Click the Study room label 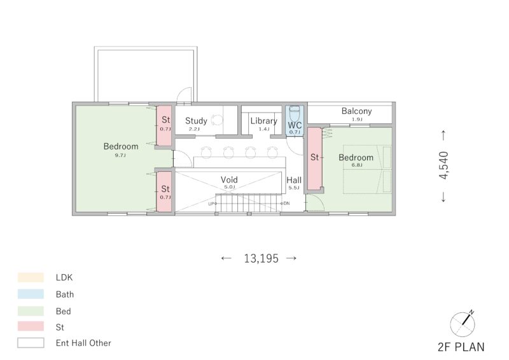pyautogui.click(x=196, y=121)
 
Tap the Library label pyautogui.click(x=263, y=121)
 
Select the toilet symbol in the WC pyautogui.click(x=295, y=113)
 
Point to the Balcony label pyautogui.click(x=356, y=111)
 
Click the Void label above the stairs pyautogui.click(x=229, y=179)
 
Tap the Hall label pyautogui.click(x=294, y=180)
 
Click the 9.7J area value pyautogui.click(x=120, y=155)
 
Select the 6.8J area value pyautogui.click(x=357, y=165)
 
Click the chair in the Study pyautogui.click(x=216, y=120)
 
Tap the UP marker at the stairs pyautogui.click(x=211, y=204)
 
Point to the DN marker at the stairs pyautogui.click(x=286, y=204)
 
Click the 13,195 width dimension pyautogui.click(x=261, y=258)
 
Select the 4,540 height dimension pyautogui.click(x=443, y=165)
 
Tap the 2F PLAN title pyautogui.click(x=461, y=347)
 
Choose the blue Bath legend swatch pyautogui.click(x=31, y=294)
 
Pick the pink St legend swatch pyautogui.click(x=31, y=326)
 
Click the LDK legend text pyautogui.click(x=64, y=277)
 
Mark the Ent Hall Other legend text pyautogui.click(x=83, y=343)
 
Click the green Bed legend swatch pyautogui.click(x=31, y=311)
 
